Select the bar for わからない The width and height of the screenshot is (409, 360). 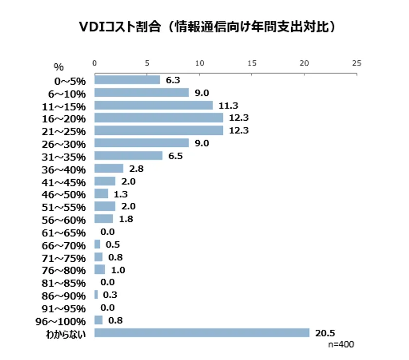(202, 333)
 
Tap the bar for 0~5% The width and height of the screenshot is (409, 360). (127, 80)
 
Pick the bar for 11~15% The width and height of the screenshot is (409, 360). (153, 105)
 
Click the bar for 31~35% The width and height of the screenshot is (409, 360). (128, 156)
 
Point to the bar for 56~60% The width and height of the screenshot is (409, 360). (104, 219)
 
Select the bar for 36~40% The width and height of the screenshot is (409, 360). (109, 168)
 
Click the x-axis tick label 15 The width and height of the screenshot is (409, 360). (252, 63)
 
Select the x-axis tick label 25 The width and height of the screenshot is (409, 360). (357, 63)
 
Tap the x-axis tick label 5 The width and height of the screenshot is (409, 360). (147, 63)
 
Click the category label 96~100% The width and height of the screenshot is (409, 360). (61, 321)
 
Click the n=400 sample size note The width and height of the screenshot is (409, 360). (341, 344)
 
